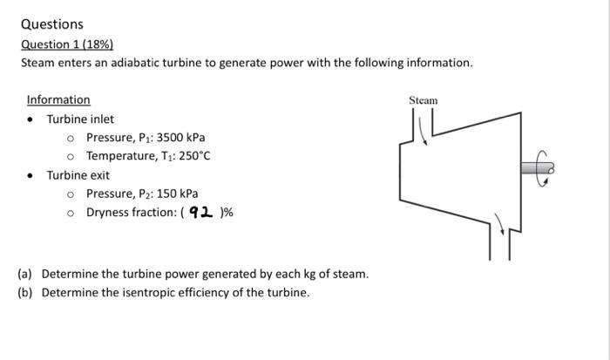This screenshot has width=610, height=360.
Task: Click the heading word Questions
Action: pyautogui.click(x=51, y=24)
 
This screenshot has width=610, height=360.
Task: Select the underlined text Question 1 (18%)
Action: pyautogui.click(x=67, y=44)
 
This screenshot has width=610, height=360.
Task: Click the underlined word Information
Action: pyautogui.click(x=58, y=99)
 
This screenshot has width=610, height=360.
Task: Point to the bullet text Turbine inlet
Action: pyautogui.click(x=80, y=119)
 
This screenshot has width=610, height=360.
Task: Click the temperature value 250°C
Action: pyautogui.click(x=195, y=156)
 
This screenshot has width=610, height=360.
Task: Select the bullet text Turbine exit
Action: pyautogui.click(x=78, y=174)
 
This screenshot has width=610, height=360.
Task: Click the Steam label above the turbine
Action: pyautogui.click(x=423, y=101)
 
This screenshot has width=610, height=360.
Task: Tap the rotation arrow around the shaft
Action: pyautogui.click(x=544, y=169)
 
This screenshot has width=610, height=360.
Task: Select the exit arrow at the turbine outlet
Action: pyautogui.click(x=501, y=226)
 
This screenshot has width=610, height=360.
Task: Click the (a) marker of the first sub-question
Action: pyautogui.click(x=25, y=274)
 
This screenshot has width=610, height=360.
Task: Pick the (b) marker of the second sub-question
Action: pyautogui.click(x=25, y=292)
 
